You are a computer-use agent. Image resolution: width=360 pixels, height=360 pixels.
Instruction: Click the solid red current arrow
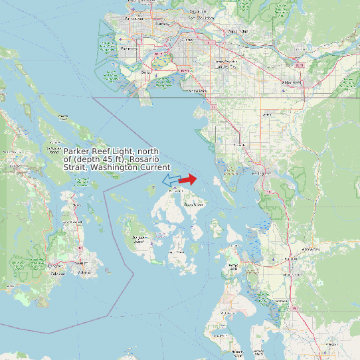click(x=188, y=179)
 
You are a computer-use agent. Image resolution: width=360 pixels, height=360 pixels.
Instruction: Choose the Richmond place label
click(x=130, y=48)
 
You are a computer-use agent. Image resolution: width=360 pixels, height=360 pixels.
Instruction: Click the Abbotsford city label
click(x=291, y=82)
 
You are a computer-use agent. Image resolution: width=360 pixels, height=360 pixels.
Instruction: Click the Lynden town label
click(x=268, y=116)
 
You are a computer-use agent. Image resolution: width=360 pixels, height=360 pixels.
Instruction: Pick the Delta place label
click(x=145, y=72)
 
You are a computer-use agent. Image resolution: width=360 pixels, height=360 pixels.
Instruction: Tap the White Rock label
click(x=197, y=91)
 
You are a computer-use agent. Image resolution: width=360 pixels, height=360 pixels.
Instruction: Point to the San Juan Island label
click(x=139, y=240)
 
